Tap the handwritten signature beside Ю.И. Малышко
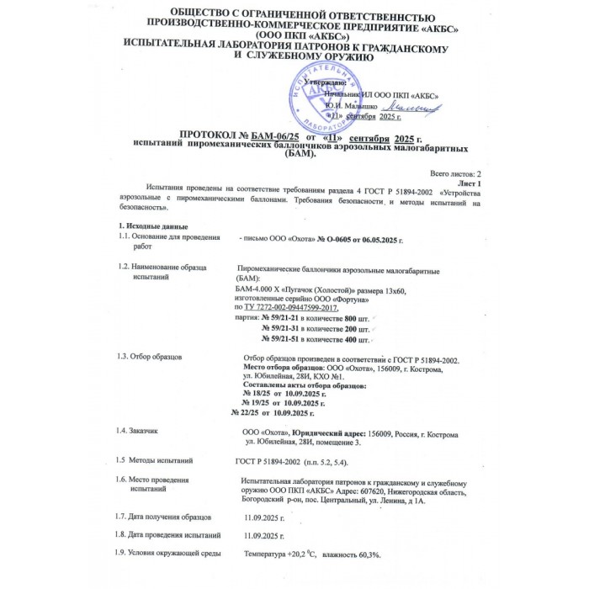(x=408, y=108)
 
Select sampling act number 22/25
(x=247, y=412)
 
